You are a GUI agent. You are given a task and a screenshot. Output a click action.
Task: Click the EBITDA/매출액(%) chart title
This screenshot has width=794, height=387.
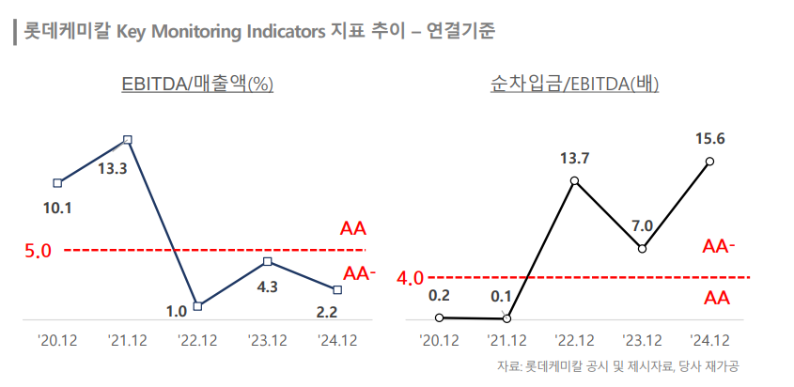click(x=196, y=84)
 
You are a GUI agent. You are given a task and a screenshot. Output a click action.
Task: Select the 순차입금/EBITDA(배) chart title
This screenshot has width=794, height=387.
click(x=574, y=84)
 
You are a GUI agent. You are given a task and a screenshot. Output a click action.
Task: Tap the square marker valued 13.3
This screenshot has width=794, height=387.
click(x=128, y=140)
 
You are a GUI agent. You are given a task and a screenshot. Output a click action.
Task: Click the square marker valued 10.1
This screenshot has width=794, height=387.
click(x=58, y=182)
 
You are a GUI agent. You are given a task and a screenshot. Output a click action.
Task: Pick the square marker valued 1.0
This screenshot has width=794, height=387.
click(x=197, y=305)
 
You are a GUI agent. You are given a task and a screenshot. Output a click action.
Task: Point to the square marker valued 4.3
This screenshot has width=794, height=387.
click(x=268, y=261)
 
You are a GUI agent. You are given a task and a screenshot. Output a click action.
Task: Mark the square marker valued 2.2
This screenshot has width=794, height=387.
click(x=337, y=289)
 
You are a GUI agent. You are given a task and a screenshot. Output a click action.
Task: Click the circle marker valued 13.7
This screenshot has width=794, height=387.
click(x=574, y=180)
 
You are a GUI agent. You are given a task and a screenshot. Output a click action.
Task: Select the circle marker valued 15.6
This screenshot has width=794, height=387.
click(x=709, y=162)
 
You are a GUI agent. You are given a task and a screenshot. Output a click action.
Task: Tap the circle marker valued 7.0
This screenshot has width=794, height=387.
click(x=642, y=249)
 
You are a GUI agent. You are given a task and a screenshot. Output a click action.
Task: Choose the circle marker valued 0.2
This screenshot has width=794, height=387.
click(x=439, y=317)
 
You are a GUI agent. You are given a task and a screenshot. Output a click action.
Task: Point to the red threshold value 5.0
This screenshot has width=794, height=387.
click(x=39, y=252)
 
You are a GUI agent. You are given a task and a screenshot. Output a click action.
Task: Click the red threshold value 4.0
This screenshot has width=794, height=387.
click(x=411, y=278)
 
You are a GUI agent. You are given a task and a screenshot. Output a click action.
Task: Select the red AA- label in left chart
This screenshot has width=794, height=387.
click(x=360, y=274)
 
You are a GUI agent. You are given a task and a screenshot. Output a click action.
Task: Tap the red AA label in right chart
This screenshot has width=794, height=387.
click(x=717, y=298)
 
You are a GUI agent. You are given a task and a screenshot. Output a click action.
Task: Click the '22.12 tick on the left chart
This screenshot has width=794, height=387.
click(x=197, y=339)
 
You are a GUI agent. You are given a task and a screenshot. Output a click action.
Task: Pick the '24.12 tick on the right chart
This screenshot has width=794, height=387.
click(x=709, y=339)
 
